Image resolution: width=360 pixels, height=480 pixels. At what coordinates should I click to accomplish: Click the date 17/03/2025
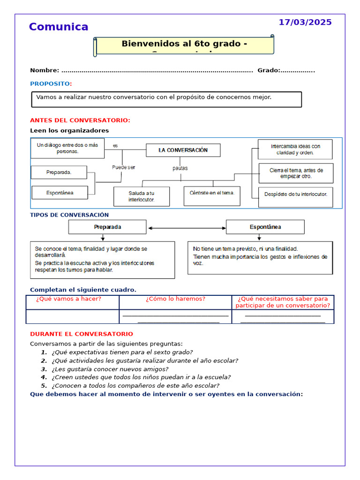305,22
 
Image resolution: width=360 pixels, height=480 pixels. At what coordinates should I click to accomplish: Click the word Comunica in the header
59,27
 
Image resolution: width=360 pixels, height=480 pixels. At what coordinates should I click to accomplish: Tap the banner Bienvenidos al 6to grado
184,45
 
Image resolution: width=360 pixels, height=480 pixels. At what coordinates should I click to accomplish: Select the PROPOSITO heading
50,83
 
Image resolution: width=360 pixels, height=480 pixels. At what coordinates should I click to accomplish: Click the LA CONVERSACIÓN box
183,150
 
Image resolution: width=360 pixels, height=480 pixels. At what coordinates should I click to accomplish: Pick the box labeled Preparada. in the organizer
59,172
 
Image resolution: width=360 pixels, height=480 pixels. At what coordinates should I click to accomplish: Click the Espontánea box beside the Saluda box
60,193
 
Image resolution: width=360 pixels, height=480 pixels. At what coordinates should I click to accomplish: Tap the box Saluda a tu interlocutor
142,196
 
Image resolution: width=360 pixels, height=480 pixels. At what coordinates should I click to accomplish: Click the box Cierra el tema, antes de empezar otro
296,173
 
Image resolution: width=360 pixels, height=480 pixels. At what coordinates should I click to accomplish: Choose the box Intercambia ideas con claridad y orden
295,149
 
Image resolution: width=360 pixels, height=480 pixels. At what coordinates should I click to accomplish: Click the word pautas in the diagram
180,168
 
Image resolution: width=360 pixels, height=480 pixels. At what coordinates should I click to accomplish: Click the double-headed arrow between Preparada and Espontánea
187,228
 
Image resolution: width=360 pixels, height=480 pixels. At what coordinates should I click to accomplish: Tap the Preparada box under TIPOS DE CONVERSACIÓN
107,227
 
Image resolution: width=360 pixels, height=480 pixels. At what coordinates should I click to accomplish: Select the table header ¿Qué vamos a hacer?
72,299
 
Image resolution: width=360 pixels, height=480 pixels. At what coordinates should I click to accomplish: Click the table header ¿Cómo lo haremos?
175,299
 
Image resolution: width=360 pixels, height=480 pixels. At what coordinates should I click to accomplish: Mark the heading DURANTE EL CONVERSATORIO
82,334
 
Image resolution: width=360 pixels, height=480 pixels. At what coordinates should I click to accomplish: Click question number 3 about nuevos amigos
110,369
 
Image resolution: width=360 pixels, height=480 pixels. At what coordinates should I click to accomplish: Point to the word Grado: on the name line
269,70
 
